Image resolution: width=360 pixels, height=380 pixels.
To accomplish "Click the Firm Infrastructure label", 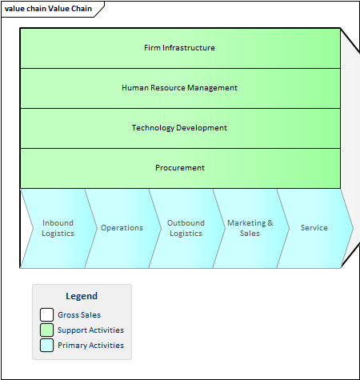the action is [179, 48].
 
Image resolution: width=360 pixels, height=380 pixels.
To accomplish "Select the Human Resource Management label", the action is [179, 88].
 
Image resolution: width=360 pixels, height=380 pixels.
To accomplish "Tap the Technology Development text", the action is [179, 128].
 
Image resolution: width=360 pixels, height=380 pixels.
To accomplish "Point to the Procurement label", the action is [180, 168].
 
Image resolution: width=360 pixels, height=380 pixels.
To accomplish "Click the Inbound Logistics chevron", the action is [58, 228].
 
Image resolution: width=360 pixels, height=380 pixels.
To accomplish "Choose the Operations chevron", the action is [122, 228].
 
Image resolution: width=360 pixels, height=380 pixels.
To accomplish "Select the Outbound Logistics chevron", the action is [186, 228].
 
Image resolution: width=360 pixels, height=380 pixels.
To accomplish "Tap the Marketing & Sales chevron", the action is [250, 228].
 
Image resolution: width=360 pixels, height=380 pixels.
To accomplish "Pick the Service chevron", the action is [314, 228].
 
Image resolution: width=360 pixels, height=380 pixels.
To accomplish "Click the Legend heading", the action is [82, 296].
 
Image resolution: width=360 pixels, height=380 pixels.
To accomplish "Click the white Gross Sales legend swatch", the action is [46, 314].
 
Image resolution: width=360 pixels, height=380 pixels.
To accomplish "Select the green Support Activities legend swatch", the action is [46, 330].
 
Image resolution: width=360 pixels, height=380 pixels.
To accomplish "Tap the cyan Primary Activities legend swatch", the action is [46, 345].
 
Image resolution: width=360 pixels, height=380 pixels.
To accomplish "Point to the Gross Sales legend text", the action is [79, 315].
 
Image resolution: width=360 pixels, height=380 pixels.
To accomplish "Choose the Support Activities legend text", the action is [90, 330].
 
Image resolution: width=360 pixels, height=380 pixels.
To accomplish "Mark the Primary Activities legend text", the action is [90, 346].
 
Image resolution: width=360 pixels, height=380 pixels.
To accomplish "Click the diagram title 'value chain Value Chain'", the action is [48, 9].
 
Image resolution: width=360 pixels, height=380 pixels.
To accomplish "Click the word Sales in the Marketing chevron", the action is [250, 234].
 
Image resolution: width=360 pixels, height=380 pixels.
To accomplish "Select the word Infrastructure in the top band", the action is [189, 48].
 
